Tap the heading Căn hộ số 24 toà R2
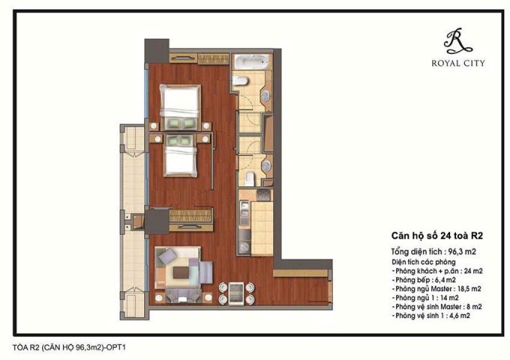pyautogui.click(x=434, y=234)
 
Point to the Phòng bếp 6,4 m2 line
pyautogui.click(x=424, y=278)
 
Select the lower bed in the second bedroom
pyautogui.click(x=181, y=159)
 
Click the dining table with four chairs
pyautogui.click(x=235, y=290)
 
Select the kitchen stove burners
pyautogui.click(x=245, y=199)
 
